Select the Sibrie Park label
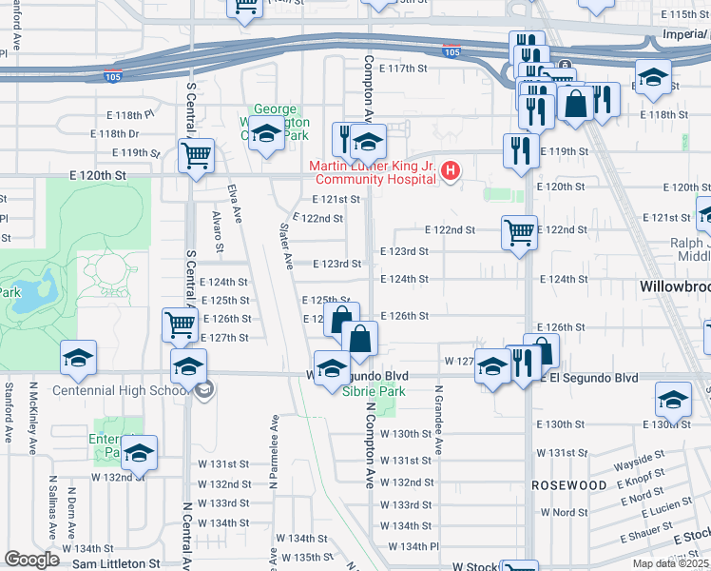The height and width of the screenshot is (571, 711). [x=374, y=391]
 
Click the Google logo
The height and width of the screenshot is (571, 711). [x=32, y=560]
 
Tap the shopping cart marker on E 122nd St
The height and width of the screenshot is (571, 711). [x=518, y=231]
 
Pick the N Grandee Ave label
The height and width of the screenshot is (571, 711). [x=439, y=419]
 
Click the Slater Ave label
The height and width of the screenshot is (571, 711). [x=284, y=246]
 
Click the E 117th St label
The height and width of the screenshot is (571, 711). [x=409, y=69]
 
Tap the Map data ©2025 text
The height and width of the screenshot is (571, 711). [x=670, y=563]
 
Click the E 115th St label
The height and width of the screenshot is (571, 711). [x=683, y=15]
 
